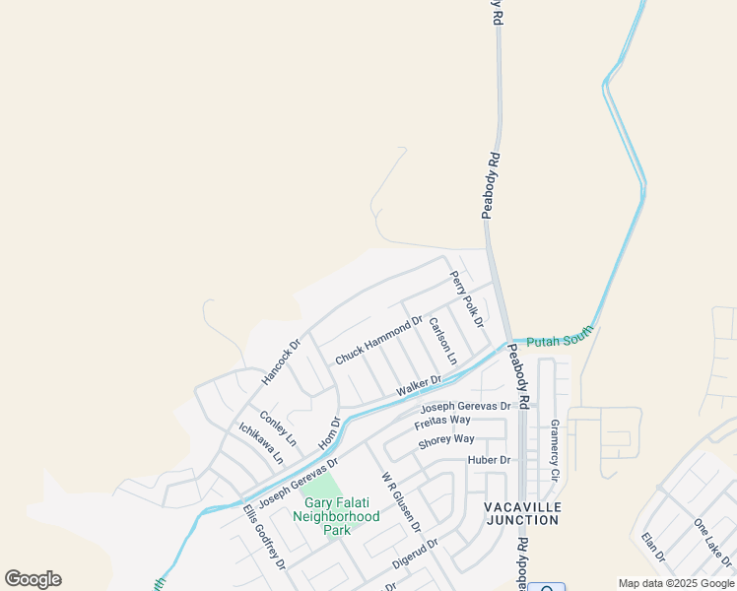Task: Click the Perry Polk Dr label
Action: (x=467, y=299)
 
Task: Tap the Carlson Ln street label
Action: (x=443, y=341)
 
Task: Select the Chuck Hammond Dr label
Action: (x=378, y=341)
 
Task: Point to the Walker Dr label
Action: (x=419, y=386)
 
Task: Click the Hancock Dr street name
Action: (x=280, y=362)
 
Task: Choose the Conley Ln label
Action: (x=278, y=428)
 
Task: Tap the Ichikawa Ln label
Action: (x=261, y=443)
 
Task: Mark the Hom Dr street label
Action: (x=330, y=434)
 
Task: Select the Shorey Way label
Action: (x=446, y=440)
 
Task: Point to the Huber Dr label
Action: (x=491, y=460)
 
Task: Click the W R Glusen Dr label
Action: (x=401, y=500)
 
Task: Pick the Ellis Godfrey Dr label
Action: (x=264, y=538)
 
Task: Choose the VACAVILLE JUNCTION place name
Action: (x=523, y=513)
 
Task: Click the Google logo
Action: (x=33, y=579)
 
